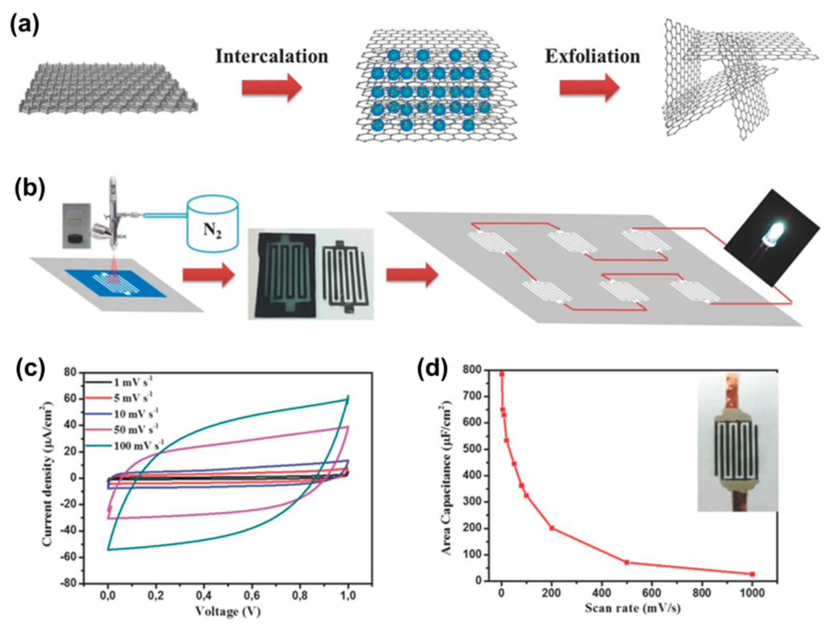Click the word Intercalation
(x=272, y=56)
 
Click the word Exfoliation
(x=592, y=56)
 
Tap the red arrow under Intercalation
(x=272, y=88)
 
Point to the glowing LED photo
(x=772, y=238)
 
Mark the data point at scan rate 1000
(x=752, y=574)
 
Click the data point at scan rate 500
(x=627, y=562)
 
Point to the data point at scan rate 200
(x=552, y=528)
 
